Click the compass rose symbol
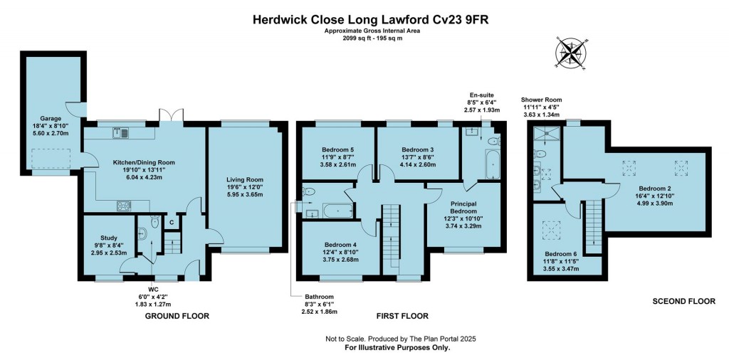pos(570,53)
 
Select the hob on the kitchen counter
pos(125,206)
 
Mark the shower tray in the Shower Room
pos(544,132)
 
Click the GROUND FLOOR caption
pos(177,315)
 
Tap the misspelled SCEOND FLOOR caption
pos(683,302)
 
